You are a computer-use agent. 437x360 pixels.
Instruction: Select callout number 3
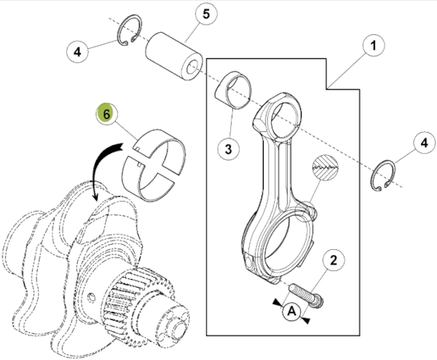coord(228,150)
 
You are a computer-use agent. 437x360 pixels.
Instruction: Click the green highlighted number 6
coord(106,114)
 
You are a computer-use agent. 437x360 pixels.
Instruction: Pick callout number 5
coord(205,15)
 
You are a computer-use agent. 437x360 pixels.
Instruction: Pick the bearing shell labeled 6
coord(154,163)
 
